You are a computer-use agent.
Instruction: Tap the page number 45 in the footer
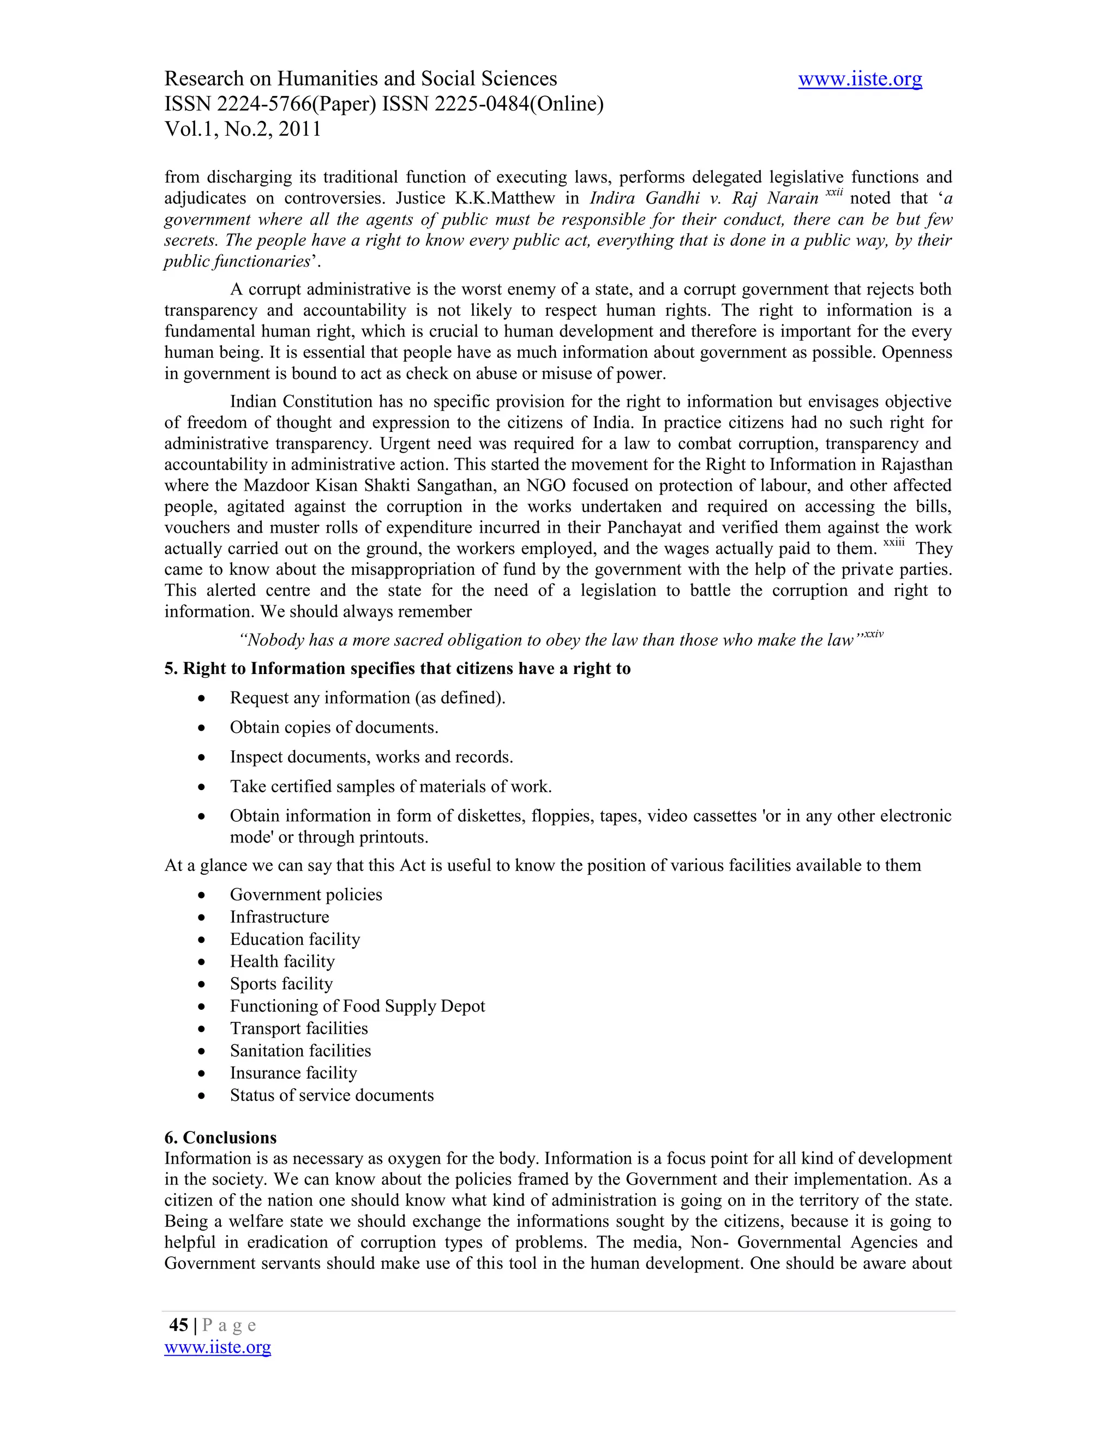click(179, 1324)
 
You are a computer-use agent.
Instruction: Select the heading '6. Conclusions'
click(220, 1137)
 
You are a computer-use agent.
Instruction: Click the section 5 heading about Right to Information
click(397, 669)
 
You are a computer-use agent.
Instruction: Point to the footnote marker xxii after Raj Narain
click(834, 192)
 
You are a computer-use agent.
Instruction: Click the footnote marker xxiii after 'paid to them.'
click(893, 543)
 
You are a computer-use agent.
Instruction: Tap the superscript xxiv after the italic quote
click(874, 634)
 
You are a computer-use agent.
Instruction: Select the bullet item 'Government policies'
click(306, 894)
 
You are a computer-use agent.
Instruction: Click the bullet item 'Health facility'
click(282, 961)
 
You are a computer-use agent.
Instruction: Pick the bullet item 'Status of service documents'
click(332, 1095)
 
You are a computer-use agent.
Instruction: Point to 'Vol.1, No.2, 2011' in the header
click(242, 129)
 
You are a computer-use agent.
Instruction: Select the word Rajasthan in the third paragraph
click(916, 465)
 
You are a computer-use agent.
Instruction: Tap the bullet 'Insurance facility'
click(293, 1073)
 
